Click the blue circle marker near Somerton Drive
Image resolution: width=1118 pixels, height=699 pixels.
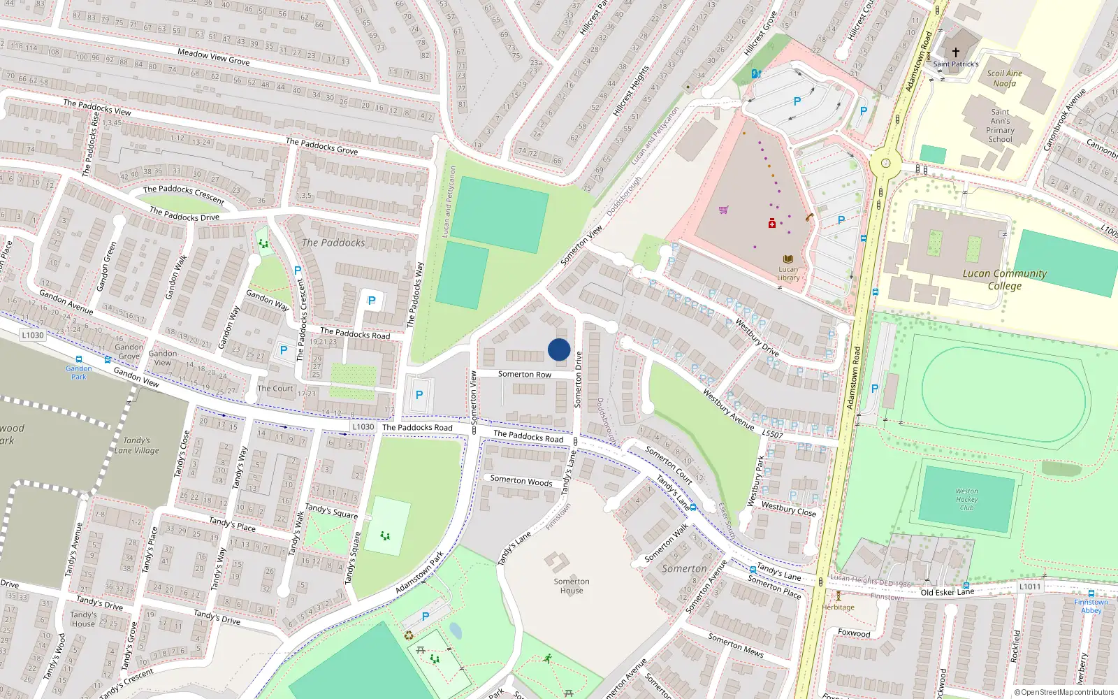click(559, 349)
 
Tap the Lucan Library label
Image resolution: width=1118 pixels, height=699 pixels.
click(788, 273)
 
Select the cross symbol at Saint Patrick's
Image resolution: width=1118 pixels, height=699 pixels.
click(955, 52)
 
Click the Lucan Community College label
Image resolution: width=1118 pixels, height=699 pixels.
click(1004, 280)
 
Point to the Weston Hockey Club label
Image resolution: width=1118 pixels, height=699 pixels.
click(966, 499)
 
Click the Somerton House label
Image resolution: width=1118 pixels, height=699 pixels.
click(572, 586)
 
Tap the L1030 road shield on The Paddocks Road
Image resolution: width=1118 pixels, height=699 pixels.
click(363, 426)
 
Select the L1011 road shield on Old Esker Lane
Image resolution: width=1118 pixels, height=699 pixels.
click(1030, 586)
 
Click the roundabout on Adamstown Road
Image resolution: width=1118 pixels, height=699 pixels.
click(885, 164)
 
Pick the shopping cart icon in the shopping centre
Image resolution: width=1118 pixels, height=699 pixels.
click(723, 210)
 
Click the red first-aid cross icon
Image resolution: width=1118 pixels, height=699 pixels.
click(771, 224)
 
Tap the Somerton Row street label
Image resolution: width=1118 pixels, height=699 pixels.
click(524, 375)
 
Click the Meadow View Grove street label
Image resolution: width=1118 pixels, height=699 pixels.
click(213, 57)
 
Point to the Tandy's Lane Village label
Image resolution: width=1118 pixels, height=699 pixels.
click(137, 445)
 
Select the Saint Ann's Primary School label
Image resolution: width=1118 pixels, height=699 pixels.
click(1000, 126)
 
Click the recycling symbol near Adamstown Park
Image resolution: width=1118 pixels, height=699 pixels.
click(409, 635)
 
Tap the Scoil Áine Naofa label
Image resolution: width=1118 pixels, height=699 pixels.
click(1004, 78)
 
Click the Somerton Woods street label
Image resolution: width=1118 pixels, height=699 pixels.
click(521, 480)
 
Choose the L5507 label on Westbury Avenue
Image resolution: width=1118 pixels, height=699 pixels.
click(772, 434)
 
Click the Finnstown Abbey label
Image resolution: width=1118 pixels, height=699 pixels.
click(1091, 606)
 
